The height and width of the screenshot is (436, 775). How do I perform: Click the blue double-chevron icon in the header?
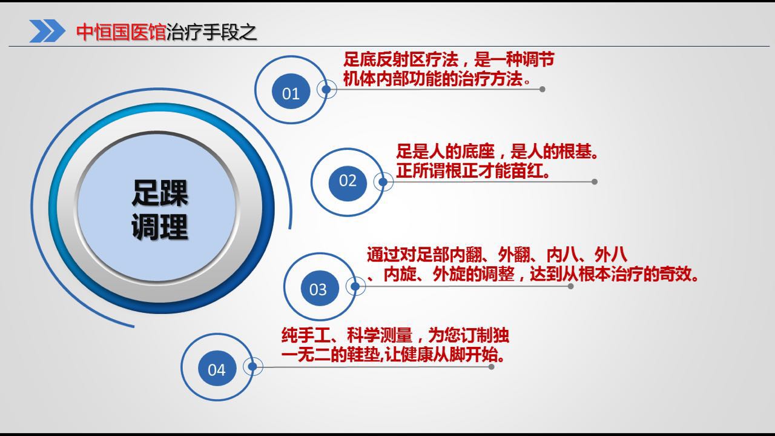(47, 31)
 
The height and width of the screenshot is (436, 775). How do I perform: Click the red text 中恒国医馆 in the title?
(121, 32)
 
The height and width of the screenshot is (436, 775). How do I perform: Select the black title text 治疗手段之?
(211, 32)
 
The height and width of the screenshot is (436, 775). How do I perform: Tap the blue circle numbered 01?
(291, 91)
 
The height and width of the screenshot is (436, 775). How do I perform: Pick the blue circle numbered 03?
(320, 288)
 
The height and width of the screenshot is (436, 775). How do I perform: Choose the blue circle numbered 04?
(217, 368)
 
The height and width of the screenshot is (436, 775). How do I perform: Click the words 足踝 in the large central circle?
(159, 193)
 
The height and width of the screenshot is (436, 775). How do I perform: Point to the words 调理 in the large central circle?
(159, 227)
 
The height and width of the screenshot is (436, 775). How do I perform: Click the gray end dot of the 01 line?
(542, 89)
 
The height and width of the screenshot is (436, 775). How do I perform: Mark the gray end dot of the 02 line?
(595, 181)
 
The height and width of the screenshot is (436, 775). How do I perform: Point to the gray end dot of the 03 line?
(570, 286)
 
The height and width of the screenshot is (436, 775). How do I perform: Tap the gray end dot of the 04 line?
(491, 367)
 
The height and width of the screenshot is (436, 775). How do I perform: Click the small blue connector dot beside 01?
(326, 89)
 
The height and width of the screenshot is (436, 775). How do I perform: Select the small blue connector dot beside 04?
(252, 366)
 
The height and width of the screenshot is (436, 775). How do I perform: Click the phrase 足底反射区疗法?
(401, 59)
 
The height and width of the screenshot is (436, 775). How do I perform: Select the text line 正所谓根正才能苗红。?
(473, 171)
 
